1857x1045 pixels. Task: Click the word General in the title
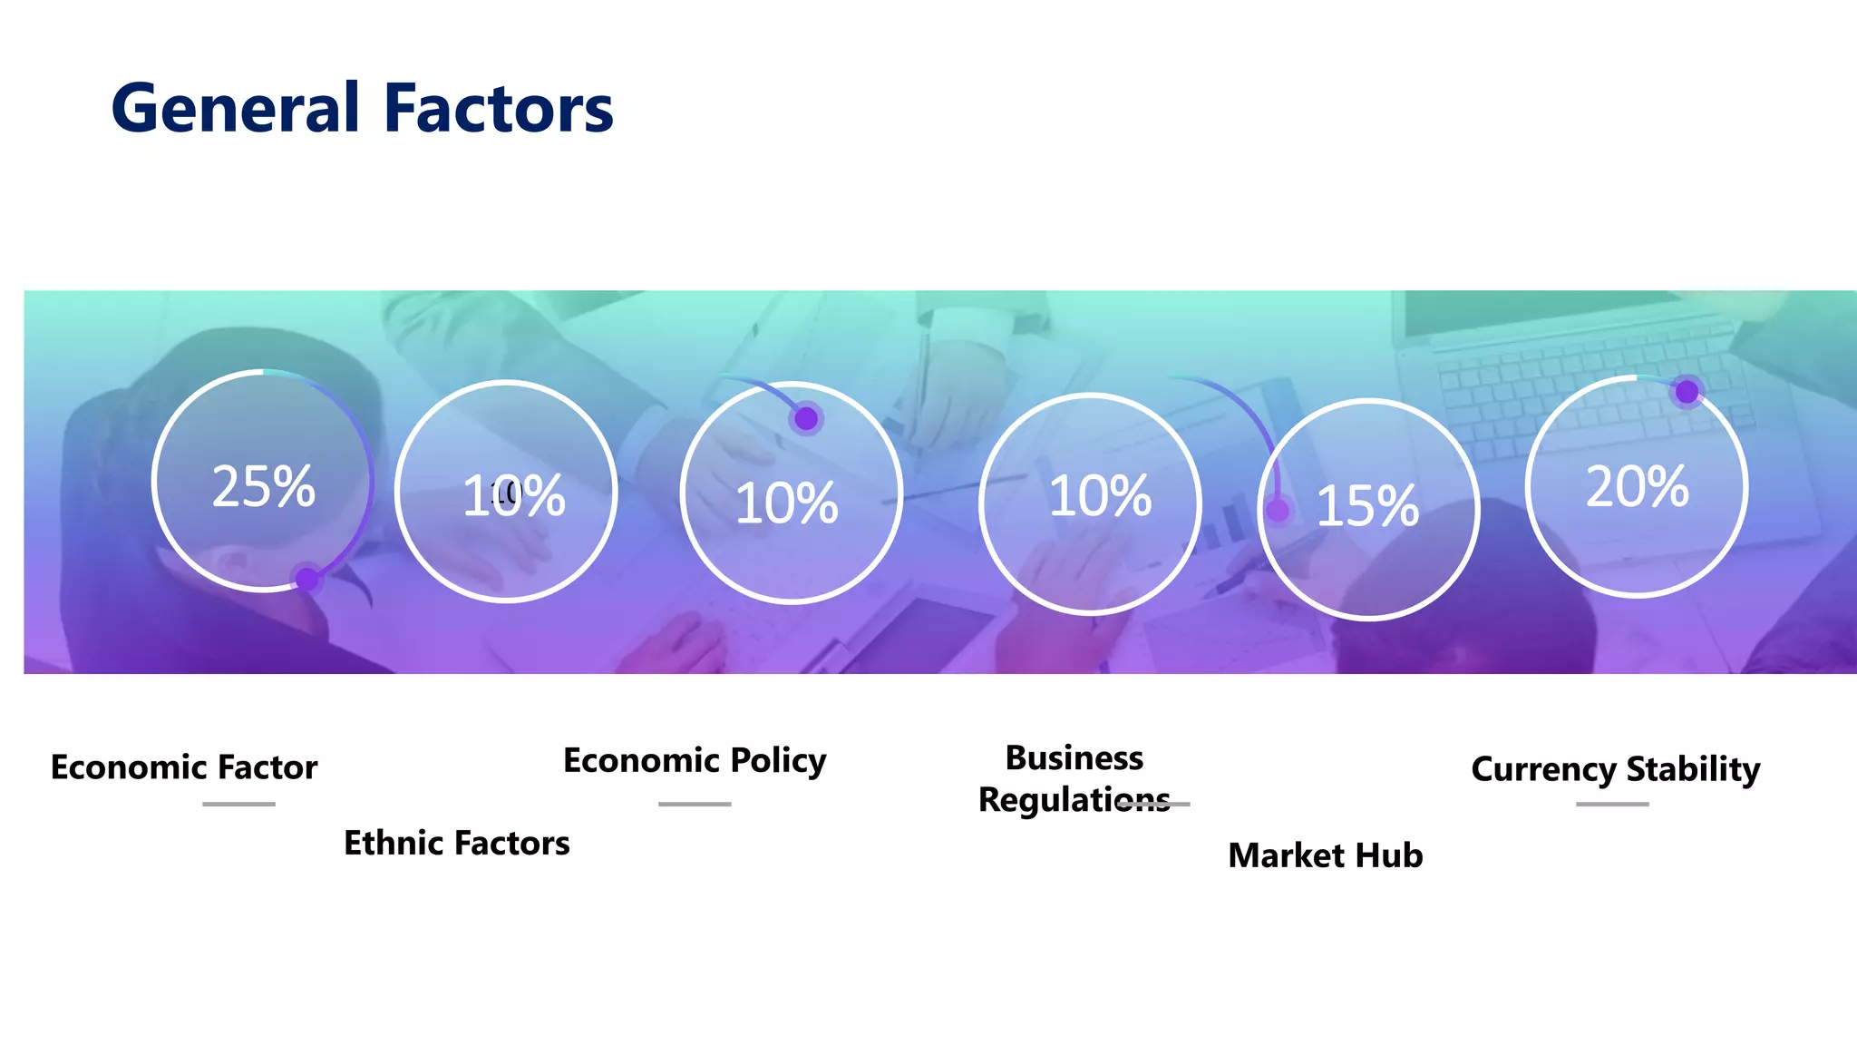pos(236,109)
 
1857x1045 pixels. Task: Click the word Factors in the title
pos(499,109)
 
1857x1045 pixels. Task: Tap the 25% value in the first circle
pos(263,486)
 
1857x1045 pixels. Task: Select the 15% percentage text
pos(1367,506)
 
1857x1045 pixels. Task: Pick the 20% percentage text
pos(1637,486)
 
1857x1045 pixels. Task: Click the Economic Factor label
pos(184,767)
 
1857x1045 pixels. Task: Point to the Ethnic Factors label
pos(456,843)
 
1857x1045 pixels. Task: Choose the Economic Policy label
pos(695,760)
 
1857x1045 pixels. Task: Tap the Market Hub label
pos(1325,855)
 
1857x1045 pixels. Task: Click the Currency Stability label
pos(1615,769)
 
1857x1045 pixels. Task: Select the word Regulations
pos(1074,800)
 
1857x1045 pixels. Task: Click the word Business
pos(1074,757)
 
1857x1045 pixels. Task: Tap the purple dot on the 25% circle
pos(307,579)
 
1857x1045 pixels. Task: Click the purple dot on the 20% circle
pos(1687,392)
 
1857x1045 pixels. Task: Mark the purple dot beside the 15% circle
pos(1278,511)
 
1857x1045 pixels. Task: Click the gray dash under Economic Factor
pos(238,804)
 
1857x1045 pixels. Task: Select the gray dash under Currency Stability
pos(1612,804)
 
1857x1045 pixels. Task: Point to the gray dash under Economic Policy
pos(695,804)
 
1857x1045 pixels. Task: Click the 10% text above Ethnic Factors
pos(514,496)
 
